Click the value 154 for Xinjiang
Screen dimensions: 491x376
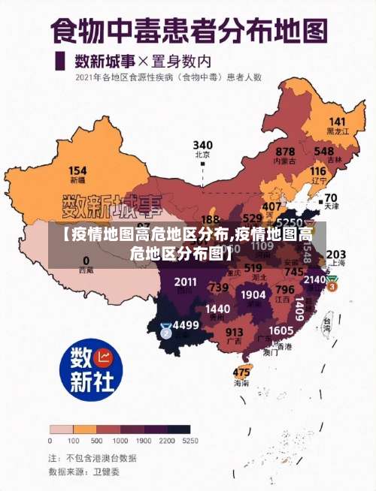pyautogui.click(x=77, y=170)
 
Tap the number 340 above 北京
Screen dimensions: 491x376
pyautogui.click(x=202, y=144)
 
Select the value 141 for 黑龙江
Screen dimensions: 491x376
pyautogui.click(x=337, y=122)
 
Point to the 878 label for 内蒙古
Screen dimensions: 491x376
pyautogui.click(x=285, y=152)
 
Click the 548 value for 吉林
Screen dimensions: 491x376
pyautogui.click(x=324, y=151)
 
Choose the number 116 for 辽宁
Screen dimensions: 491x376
pyautogui.click(x=318, y=171)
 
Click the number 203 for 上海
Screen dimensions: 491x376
pyautogui.click(x=336, y=255)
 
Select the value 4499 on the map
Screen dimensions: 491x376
pyautogui.click(x=186, y=326)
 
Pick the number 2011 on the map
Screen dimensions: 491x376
pyautogui.click(x=185, y=282)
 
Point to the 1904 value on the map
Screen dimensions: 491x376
pyautogui.click(x=253, y=295)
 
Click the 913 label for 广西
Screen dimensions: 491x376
pyautogui.click(x=235, y=332)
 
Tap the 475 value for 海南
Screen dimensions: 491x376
pyautogui.click(x=241, y=372)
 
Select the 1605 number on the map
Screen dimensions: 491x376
pyautogui.click(x=280, y=330)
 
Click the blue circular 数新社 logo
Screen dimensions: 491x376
pyautogui.click(x=91, y=369)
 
